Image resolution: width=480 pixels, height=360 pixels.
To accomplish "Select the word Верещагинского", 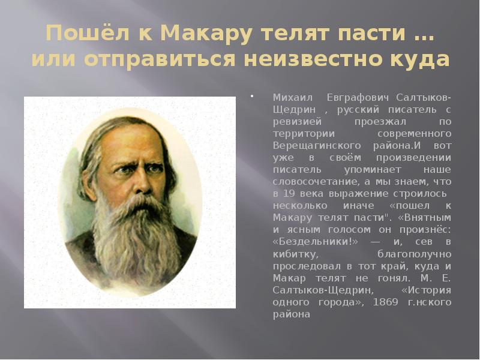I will [308, 146].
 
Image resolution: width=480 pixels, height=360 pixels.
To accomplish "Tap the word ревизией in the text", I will [293, 122].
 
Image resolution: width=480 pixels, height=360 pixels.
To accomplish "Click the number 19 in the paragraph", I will [290, 194].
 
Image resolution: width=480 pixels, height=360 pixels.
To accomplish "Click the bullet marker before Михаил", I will [253, 96].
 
